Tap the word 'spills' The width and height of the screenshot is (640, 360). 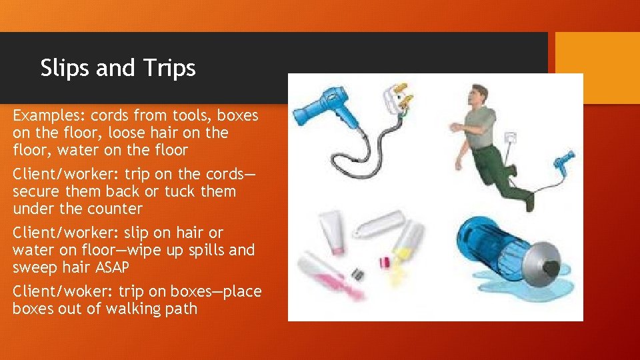click(x=198, y=250)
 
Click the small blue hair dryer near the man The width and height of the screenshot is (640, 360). click(x=564, y=160)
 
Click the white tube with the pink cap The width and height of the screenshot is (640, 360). click(x=329, y=229)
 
